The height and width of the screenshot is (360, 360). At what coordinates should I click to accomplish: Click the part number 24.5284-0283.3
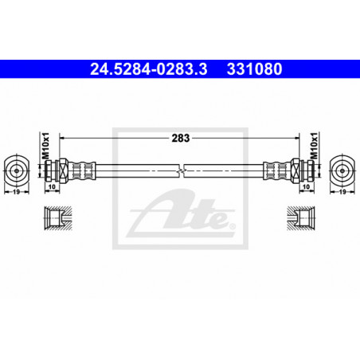click(149, 69)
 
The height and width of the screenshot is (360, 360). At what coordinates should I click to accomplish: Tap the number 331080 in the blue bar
click(254, 69)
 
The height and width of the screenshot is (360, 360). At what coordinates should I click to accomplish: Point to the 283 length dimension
click(181, 138)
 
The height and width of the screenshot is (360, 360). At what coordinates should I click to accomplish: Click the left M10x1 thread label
click(45, 146)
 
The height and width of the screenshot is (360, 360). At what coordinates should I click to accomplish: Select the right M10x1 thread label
click(314, 146)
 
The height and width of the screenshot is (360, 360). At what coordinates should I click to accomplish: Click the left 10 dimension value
click(52, 186)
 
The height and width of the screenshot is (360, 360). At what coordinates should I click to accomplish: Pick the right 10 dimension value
click(307, 186)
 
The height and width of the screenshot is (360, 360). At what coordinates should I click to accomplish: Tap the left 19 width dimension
click(17, 191)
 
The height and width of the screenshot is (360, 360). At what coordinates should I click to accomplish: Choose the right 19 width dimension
click(342, 191)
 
